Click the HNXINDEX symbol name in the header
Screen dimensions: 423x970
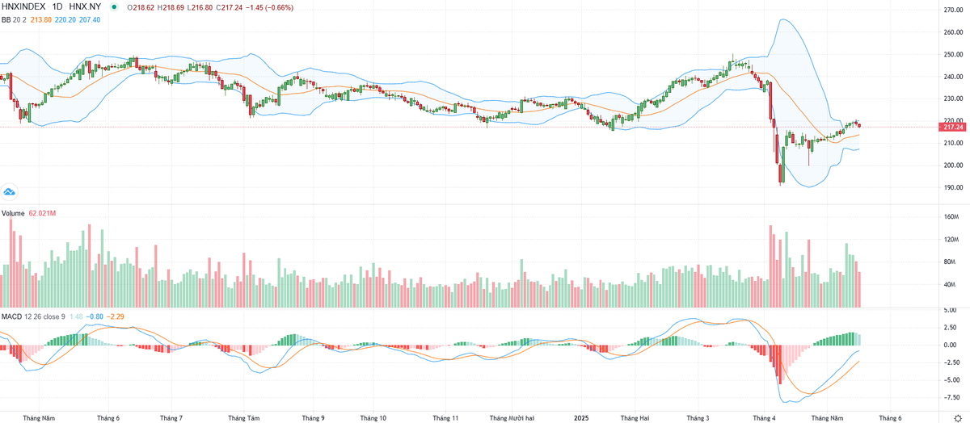(23, 7)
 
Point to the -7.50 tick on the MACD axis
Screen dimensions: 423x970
(951, 396)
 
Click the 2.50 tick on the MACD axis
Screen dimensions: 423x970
(951, 327)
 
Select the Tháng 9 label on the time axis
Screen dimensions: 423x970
(313, 418)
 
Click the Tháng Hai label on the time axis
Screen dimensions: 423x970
(634, 418)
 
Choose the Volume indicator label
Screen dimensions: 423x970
(13, 213)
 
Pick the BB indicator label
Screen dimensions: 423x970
(7, 19)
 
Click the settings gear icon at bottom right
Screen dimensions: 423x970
(958, 417)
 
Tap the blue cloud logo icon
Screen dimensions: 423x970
(10, 192)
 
